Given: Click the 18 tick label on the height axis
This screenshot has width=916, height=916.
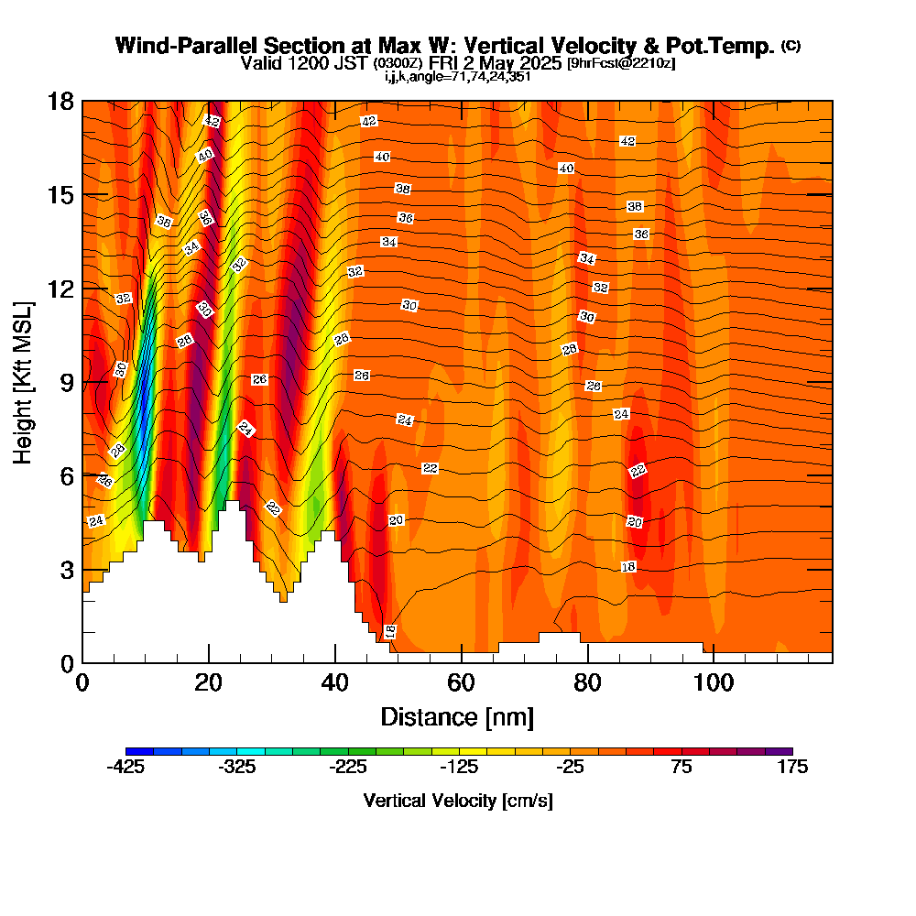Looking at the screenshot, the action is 60,102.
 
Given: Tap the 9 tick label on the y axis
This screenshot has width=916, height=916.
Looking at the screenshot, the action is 67,383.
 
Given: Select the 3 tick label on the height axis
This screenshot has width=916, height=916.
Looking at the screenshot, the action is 67,570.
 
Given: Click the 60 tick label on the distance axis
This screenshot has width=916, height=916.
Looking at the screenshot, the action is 461,682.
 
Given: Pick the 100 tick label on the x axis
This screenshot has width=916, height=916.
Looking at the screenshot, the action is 714,682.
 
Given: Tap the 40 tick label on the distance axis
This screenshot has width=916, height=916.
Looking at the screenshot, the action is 334,682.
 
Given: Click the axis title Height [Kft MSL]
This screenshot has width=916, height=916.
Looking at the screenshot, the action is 23,383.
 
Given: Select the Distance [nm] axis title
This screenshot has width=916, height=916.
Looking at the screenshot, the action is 457,717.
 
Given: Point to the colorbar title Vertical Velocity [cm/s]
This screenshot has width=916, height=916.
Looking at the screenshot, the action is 458,801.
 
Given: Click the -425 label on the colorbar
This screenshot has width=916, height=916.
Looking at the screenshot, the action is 125,767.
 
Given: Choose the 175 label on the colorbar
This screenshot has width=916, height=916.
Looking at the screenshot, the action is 792,767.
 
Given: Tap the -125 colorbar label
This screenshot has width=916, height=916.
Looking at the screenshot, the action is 459,767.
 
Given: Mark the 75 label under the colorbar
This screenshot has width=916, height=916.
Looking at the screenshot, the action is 682,767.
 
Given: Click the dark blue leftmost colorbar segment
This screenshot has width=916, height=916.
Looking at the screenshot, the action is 139,751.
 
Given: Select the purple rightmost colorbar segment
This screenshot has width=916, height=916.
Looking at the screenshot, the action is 779,751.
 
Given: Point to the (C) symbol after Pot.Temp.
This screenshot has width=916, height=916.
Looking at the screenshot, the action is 791,45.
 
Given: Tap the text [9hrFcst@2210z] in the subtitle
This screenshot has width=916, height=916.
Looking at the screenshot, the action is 621,63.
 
